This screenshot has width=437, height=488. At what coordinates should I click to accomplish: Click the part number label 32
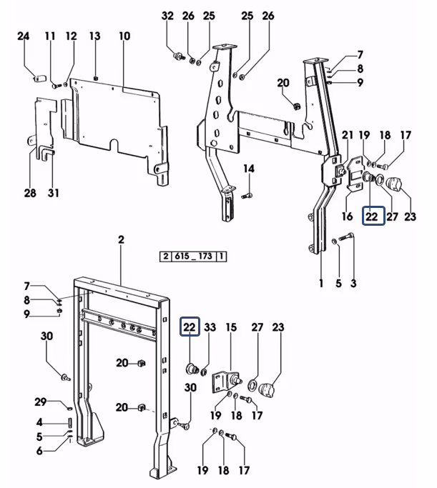[167, 16]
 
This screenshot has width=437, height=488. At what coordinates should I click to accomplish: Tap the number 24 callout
[23, 36]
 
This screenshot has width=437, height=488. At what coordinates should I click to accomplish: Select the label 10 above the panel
[124, 36]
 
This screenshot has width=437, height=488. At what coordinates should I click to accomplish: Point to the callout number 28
[30, 193]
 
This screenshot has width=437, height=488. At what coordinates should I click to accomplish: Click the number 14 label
[249, 169]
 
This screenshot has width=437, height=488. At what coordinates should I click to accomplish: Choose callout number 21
[348, 135]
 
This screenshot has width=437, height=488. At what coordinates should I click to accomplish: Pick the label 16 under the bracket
[347, 216]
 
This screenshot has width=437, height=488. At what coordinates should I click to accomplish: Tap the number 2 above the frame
[121, 239]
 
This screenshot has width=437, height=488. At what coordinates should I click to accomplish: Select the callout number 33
[210, 327]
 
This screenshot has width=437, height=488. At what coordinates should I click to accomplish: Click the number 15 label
[231, 327]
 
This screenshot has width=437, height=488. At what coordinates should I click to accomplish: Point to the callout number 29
[41, 402]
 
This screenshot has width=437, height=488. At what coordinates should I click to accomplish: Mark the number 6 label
[39, 450]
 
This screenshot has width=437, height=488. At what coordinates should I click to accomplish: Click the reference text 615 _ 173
[193, 257]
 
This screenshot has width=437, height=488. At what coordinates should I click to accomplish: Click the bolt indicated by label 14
[247, 196]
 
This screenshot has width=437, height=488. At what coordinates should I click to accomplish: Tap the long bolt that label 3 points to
[345, 237]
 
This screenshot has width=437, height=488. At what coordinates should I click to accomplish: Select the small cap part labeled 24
[39, 77]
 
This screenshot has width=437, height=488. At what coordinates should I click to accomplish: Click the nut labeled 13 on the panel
[96, 78]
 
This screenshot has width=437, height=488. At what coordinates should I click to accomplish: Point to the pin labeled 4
[70, 422]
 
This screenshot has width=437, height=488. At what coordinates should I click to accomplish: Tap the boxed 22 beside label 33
[190, 327]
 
